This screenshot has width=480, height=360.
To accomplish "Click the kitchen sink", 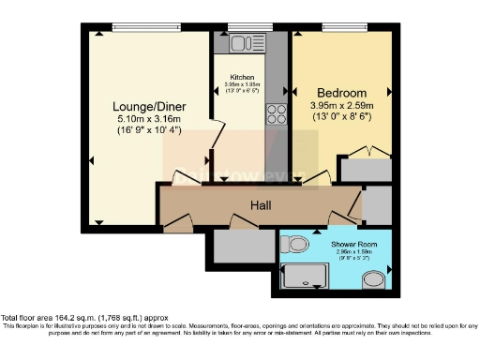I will tap(238, 42).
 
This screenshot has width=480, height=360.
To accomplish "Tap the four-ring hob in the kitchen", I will tap(277, 114).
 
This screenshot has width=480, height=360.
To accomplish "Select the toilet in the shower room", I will tap(296, 244).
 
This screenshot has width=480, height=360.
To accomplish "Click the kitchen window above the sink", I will tap(243, 26).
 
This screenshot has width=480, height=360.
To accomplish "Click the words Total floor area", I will tap(33, 318).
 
